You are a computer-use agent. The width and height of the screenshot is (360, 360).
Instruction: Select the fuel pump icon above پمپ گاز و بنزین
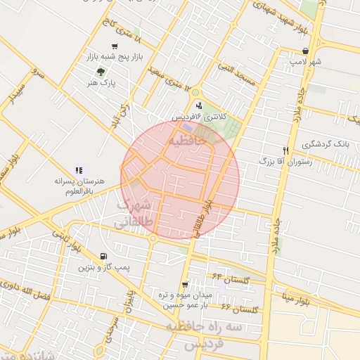tap(104, 256)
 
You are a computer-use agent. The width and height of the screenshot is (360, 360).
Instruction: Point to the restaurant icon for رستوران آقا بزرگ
tap(285, 150)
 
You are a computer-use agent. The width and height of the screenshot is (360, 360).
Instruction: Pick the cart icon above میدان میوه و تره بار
tap(185, 285)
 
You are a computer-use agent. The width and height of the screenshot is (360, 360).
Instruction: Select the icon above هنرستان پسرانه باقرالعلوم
tap(79, 169)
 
